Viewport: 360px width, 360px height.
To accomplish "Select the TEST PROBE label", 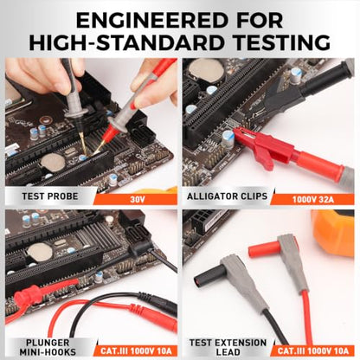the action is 50,196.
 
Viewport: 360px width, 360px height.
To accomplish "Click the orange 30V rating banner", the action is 136,199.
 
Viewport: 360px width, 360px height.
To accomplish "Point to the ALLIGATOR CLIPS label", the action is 227,196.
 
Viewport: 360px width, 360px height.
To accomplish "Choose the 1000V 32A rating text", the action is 313,199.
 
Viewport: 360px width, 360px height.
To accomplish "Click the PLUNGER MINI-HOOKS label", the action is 48,347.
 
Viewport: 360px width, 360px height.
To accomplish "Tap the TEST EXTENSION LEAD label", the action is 228,347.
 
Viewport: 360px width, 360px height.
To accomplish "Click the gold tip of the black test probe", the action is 83,145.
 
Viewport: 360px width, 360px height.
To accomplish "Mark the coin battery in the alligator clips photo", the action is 207,71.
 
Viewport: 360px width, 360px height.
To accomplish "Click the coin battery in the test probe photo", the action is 53,161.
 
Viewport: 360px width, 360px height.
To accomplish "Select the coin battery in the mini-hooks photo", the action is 40,251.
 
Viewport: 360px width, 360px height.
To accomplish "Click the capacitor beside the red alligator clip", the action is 228,139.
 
